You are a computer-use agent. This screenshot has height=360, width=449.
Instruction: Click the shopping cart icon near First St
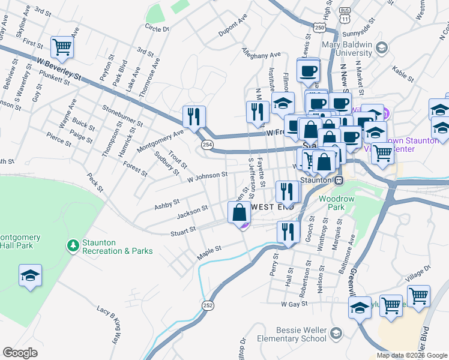[x=62, y=46]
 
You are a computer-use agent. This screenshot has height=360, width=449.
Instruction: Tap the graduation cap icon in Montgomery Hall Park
[x=30, y=276]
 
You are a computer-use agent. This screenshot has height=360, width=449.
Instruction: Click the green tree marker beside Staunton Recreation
[x=73, y=246]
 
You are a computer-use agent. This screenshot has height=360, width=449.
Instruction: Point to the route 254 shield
[x=207, y=145]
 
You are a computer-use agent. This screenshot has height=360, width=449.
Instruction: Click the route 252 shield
[x=207, y=305]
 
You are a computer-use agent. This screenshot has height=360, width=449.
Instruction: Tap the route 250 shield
[x=319, y=28]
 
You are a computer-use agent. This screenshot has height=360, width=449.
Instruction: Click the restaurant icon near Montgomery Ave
[x=194, y=116]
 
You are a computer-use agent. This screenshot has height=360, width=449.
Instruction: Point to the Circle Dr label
[x=157, y=28]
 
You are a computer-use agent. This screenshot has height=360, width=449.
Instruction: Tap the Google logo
[x=20, y=353]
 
